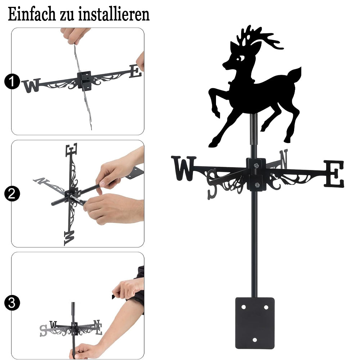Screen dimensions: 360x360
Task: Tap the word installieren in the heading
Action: [114, 14]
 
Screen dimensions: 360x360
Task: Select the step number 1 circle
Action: [12, 81]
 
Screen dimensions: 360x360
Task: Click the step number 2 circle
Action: [12, 194]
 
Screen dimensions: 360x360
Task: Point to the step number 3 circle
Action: [12, 303]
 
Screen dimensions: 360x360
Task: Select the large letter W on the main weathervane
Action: [184, 168]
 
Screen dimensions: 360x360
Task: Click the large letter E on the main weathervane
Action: [334, 174]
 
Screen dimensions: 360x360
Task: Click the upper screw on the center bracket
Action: [256, 165]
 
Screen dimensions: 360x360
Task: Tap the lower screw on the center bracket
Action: [257, 185]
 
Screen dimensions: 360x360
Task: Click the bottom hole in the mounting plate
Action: [255, 340]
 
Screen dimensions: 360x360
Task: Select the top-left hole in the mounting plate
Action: [244, 307]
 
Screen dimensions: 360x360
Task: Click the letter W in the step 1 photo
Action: [31, 85]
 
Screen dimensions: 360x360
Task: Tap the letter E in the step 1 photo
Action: [135, 71]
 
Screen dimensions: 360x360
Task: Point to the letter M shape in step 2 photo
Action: [69, 238]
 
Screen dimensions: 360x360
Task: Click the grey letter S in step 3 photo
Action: [43, 330]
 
